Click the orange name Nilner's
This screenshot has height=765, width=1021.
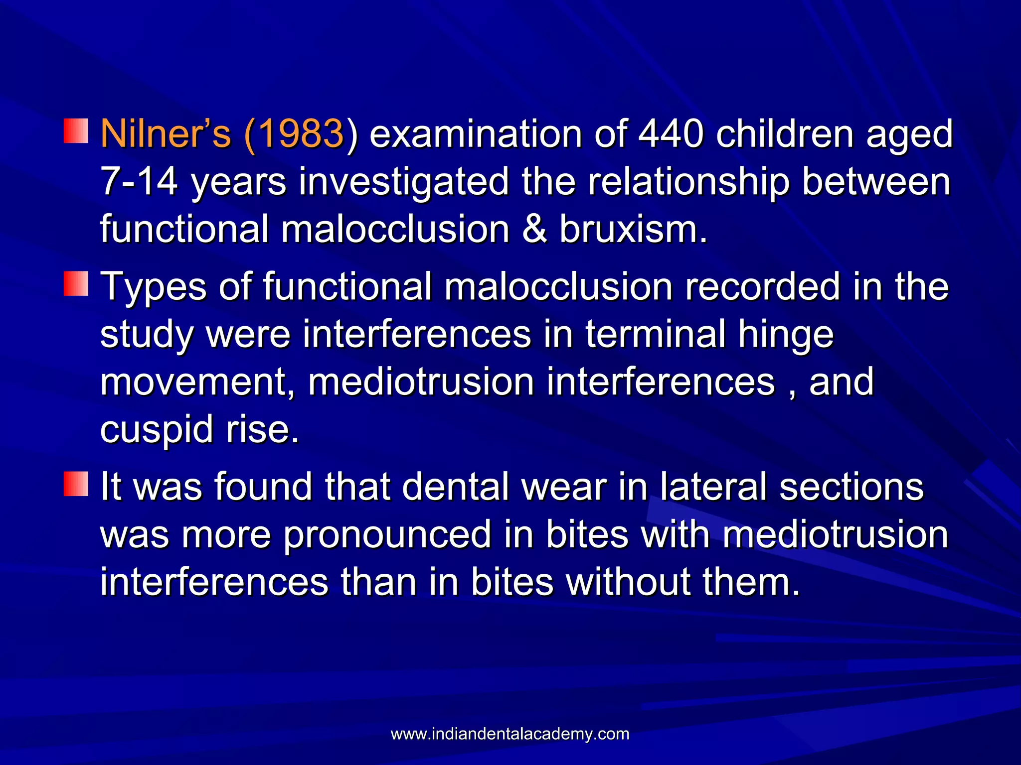click(x=166, y=134)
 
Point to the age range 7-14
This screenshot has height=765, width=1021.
click(x=139, y=182)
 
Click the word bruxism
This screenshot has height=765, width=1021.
click(x=633, y=229)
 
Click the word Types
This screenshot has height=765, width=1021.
click(x=154, y=287)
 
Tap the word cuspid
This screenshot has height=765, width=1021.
click(x=158, y=430)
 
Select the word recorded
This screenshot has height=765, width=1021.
click(x=762, y=286)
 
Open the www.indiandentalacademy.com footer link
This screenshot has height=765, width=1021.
click(x=510, y=734)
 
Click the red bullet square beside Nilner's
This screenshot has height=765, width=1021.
click(x=76, y=131)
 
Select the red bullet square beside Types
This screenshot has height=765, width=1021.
click(x=76, y=283)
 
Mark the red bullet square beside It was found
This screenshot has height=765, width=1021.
click(x=76, y=484)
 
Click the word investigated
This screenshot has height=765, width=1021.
click(x=404, y=182)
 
